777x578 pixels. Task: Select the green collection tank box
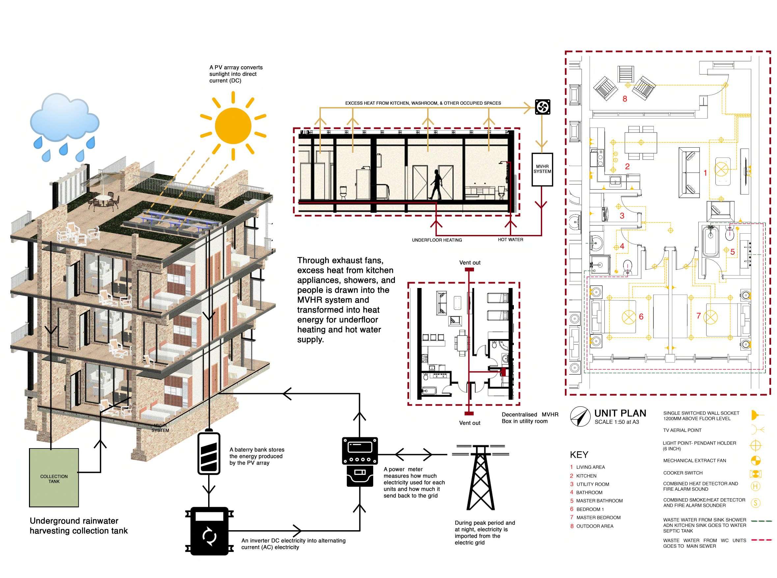pos(54,477)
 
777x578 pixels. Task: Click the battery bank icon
pos(209,453)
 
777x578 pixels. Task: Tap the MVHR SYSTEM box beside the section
pos(542,169)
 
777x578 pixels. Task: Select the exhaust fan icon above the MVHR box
pos(543,107)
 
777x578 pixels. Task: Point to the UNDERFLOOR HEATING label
pos(437,240)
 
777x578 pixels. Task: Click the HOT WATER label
pos(511,240)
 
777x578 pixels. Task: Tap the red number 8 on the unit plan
pos(624,99)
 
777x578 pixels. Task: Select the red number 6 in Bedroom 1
pos(641,317)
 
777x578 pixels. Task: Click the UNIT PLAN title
pos(620,413)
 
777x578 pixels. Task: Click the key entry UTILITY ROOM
pos(592,484)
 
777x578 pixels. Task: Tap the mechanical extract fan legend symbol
pos(755,460)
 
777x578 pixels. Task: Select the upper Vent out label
pos(470,263)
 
